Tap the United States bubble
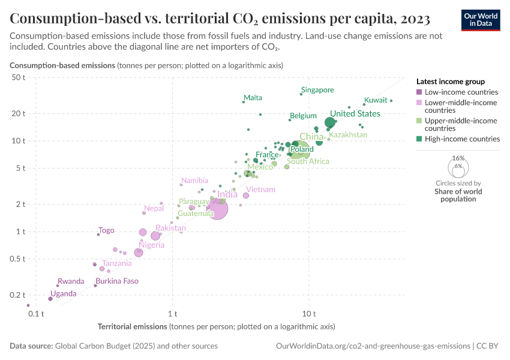click(x=330, y=122)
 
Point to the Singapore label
click(x=317, y=90)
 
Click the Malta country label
click(x=253, y=98)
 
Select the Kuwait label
click(x=376, y=100)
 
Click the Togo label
click(x=106, y=230)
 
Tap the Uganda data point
click(x=50, y=298)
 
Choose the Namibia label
click(x=195, y=181)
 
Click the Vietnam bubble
click(x=246, y=195)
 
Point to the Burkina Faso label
click(x=117, y=281)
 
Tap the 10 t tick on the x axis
click(x=310, y=313)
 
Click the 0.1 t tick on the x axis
click(x=36, y=313)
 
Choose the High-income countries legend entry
click(x=461, y=139)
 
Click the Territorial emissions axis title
click(x=132, y=326)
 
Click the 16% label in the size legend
click(x=459, y=158)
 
